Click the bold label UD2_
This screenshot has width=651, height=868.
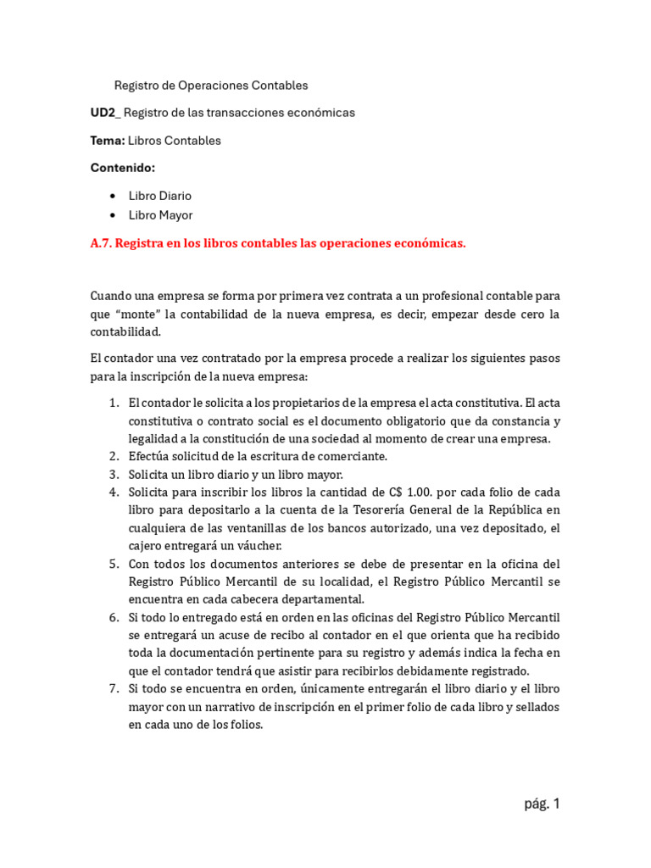(106, 113)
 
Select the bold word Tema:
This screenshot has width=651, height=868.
(108, 141)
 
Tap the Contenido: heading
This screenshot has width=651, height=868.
(123, 168)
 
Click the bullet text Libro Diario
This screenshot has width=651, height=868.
(160, 196)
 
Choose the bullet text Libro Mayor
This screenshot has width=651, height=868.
(161, 215)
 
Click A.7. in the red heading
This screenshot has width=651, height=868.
(101, 243)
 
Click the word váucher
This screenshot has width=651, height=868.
(253, 546)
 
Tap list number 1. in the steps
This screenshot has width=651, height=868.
(114, 403)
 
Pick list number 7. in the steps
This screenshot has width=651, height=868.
(114, 689)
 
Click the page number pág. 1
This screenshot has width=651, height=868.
(542, 804)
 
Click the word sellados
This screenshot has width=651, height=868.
(534, 707)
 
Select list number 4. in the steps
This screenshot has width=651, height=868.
(114, 492)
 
